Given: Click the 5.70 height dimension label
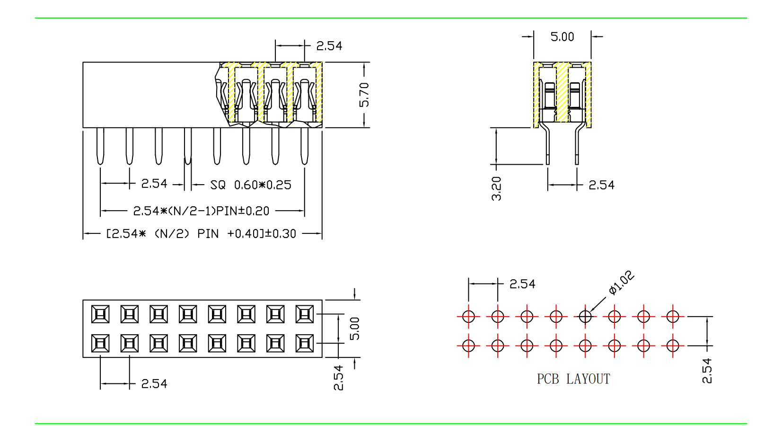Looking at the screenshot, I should (x=364, y=95).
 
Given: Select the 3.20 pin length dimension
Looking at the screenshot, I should (x=496, y=188).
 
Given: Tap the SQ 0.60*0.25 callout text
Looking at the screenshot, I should (x=251, y=185).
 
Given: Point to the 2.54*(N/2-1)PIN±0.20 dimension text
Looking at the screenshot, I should (x=201, y=211).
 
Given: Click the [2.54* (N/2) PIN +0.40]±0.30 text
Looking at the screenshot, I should (x=201, y=234).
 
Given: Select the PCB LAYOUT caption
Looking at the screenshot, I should (x=573, y=379).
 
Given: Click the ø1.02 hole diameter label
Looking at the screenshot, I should (x=621, y=283).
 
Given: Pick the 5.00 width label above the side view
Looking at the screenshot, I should (x=562, y=37).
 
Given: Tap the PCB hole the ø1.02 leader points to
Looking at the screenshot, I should (x=585, y=316).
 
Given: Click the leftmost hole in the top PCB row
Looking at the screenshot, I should (x=468, y=316).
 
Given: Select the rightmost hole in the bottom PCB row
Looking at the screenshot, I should (x=673, y=346).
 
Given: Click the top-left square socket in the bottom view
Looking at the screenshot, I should (x=100, y=314).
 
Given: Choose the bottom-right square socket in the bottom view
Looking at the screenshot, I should (x=305, y=343).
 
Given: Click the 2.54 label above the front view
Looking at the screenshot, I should (x=329, y=46).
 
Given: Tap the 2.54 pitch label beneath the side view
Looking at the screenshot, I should (x=601, y=185).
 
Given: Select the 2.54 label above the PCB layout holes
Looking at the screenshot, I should (x=522, y=284).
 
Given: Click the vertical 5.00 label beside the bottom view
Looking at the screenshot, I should (x=355, y=328).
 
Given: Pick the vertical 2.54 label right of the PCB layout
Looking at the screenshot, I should (x=707, y=371).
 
